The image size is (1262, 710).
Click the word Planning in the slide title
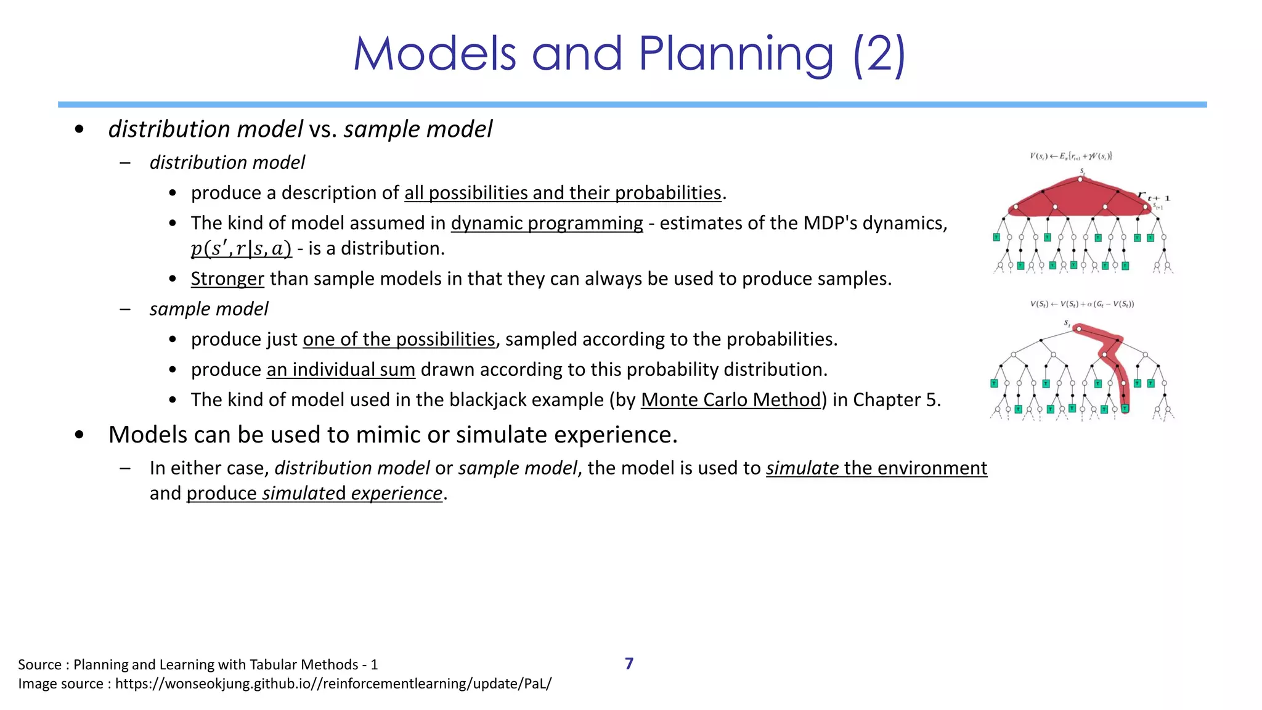tap(736, 54)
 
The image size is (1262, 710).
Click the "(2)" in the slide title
tap(879, 54)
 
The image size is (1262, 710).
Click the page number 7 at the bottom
tap(629, 664)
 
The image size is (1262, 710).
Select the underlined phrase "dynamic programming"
tap(547, 223)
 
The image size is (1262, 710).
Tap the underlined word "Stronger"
tap(227, 279)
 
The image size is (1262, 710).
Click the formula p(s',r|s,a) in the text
tap(241, 248)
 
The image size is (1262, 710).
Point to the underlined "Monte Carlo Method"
tap(731, 400)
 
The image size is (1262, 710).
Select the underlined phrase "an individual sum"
tap(341, 370)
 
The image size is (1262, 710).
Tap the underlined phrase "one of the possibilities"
tap(399, 340)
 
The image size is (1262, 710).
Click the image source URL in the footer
tap(333, 683)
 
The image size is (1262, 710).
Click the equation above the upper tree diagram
tap(1071, 157)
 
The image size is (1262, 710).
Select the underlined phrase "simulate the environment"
tap(876, 468)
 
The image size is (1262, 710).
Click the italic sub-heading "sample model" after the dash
tap(209, 309)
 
